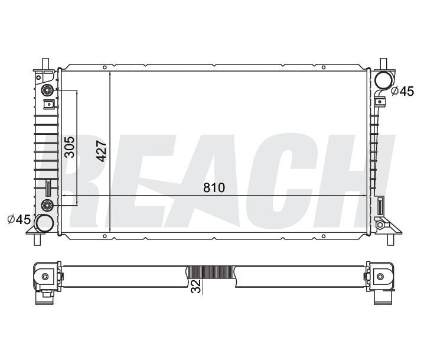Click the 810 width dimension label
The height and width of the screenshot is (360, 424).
(x=214, y=187)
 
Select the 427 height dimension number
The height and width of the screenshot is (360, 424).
(x=101, y=151)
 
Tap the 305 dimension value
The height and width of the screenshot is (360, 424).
(x=69, y=147)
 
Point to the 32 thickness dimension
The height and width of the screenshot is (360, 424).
(x=195, y=286)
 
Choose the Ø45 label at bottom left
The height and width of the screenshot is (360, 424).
(x=19, y=219)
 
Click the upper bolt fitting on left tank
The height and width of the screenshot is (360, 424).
(x=48, y=90)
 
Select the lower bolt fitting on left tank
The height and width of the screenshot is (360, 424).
(x=48, y=205)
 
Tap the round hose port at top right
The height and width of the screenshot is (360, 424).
(x=383, y=80)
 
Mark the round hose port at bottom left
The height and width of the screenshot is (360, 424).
(x=44, y=223)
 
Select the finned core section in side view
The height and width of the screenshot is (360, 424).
(x=210, y=273)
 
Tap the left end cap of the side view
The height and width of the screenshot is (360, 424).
(x=46, y=276)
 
